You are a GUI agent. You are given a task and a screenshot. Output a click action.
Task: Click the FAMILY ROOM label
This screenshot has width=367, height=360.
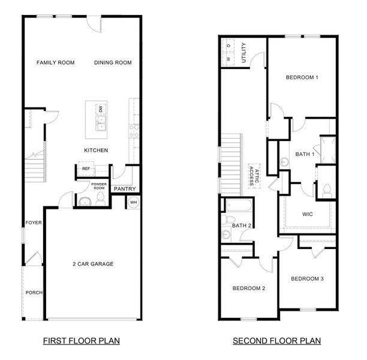tap(55, 62)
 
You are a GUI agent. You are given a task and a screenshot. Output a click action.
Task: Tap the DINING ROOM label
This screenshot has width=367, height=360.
tap(113, 62)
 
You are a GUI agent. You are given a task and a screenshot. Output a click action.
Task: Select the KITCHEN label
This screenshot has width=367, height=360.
tap(96, 150)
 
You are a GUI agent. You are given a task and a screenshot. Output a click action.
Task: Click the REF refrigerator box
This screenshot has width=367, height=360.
tap(86, 169)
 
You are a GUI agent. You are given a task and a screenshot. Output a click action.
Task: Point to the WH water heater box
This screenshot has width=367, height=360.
tap(133, 202)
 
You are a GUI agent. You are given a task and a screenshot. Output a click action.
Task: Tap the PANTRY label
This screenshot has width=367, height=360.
tap(125, 189)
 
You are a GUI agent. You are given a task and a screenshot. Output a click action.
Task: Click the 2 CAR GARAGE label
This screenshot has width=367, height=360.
tap(93, 264)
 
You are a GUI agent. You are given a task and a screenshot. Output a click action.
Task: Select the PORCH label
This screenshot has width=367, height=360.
tap(34, 293)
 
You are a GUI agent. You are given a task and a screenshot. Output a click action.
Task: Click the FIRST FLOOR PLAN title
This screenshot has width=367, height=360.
tap(81, 341)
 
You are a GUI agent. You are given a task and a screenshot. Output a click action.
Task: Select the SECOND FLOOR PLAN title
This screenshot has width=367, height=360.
tap(277, 341)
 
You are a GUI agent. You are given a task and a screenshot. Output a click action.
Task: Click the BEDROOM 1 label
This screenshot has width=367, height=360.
tap(302, 77)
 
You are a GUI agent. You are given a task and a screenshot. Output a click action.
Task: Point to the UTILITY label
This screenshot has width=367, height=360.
tap(243, 52)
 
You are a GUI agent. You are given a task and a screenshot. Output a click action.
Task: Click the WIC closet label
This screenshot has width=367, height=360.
tap(308, 214)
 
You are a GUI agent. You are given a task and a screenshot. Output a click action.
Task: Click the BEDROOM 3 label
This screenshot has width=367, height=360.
tap(308, 278)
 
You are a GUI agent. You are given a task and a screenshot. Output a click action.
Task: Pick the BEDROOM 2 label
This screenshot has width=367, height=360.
tap(249, 289)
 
